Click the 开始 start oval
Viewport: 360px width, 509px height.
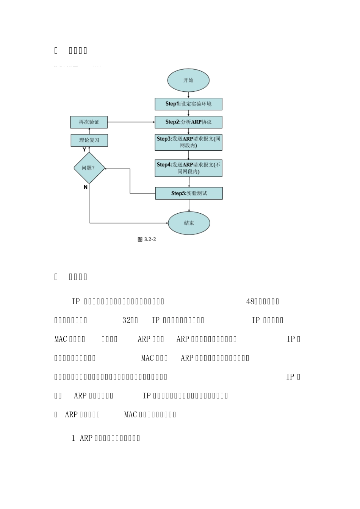(x=188, y=80)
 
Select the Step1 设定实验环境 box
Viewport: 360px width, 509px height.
(x=188, y=104)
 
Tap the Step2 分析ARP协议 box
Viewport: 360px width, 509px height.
(x=188, y=122)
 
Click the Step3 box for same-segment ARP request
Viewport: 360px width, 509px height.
(x=188, y=142)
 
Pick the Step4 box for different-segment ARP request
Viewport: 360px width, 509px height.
(x=188, y=168)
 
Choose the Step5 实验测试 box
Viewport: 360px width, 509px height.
(x=189, y=193)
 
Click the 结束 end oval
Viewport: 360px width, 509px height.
(x=189, y=223)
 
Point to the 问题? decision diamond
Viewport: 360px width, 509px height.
(x=89, y=168)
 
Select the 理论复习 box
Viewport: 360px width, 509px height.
(x=89, y=140)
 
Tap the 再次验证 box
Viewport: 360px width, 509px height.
(x=89, y=122)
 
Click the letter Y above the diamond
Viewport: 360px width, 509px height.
(x=84, y=150)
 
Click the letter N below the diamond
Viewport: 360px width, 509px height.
(x=86, y=187)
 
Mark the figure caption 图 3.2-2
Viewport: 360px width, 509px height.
(x=147, y=239)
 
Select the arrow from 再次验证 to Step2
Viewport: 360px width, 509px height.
(x=131, y=122)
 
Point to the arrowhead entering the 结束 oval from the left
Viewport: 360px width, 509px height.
(x=167, y=223)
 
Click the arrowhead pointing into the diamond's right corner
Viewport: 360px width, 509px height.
(x=106, y=169)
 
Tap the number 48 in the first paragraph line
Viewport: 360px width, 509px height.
(x=250, y=301)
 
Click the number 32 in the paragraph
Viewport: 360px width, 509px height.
(x=126, y=320)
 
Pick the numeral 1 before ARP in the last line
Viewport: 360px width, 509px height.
(x=74, y=438)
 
